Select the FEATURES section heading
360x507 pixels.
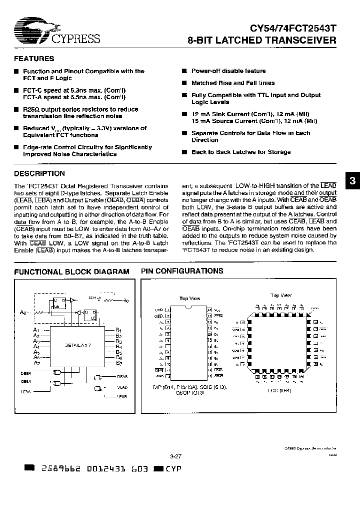point(34,59)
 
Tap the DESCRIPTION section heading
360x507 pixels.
point(39,174)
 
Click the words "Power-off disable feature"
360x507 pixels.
point(228,71)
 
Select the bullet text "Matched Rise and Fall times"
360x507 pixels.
point(233,83)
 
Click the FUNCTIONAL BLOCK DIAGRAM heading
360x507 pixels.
point(71,272)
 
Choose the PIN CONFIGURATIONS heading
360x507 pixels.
point(182,271)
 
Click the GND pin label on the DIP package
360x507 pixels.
point(159,375)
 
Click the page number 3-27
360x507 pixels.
point(176,457)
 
